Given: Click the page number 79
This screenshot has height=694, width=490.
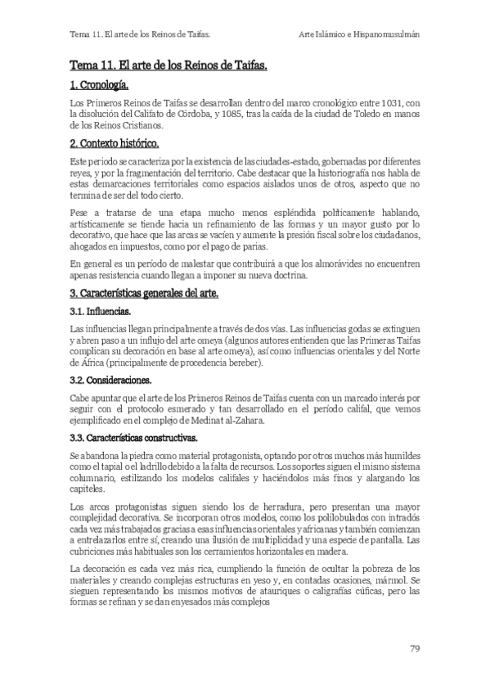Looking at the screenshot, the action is click(x=415, y=649).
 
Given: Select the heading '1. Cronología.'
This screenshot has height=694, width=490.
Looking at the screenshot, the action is click(x=99, y=84).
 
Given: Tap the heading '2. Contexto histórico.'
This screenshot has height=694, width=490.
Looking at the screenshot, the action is click(x=114, y=143).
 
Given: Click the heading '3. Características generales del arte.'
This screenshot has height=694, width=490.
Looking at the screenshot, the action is click(x=144, y=293).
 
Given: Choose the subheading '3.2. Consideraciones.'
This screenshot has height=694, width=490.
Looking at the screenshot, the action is click(x=111, y=381).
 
